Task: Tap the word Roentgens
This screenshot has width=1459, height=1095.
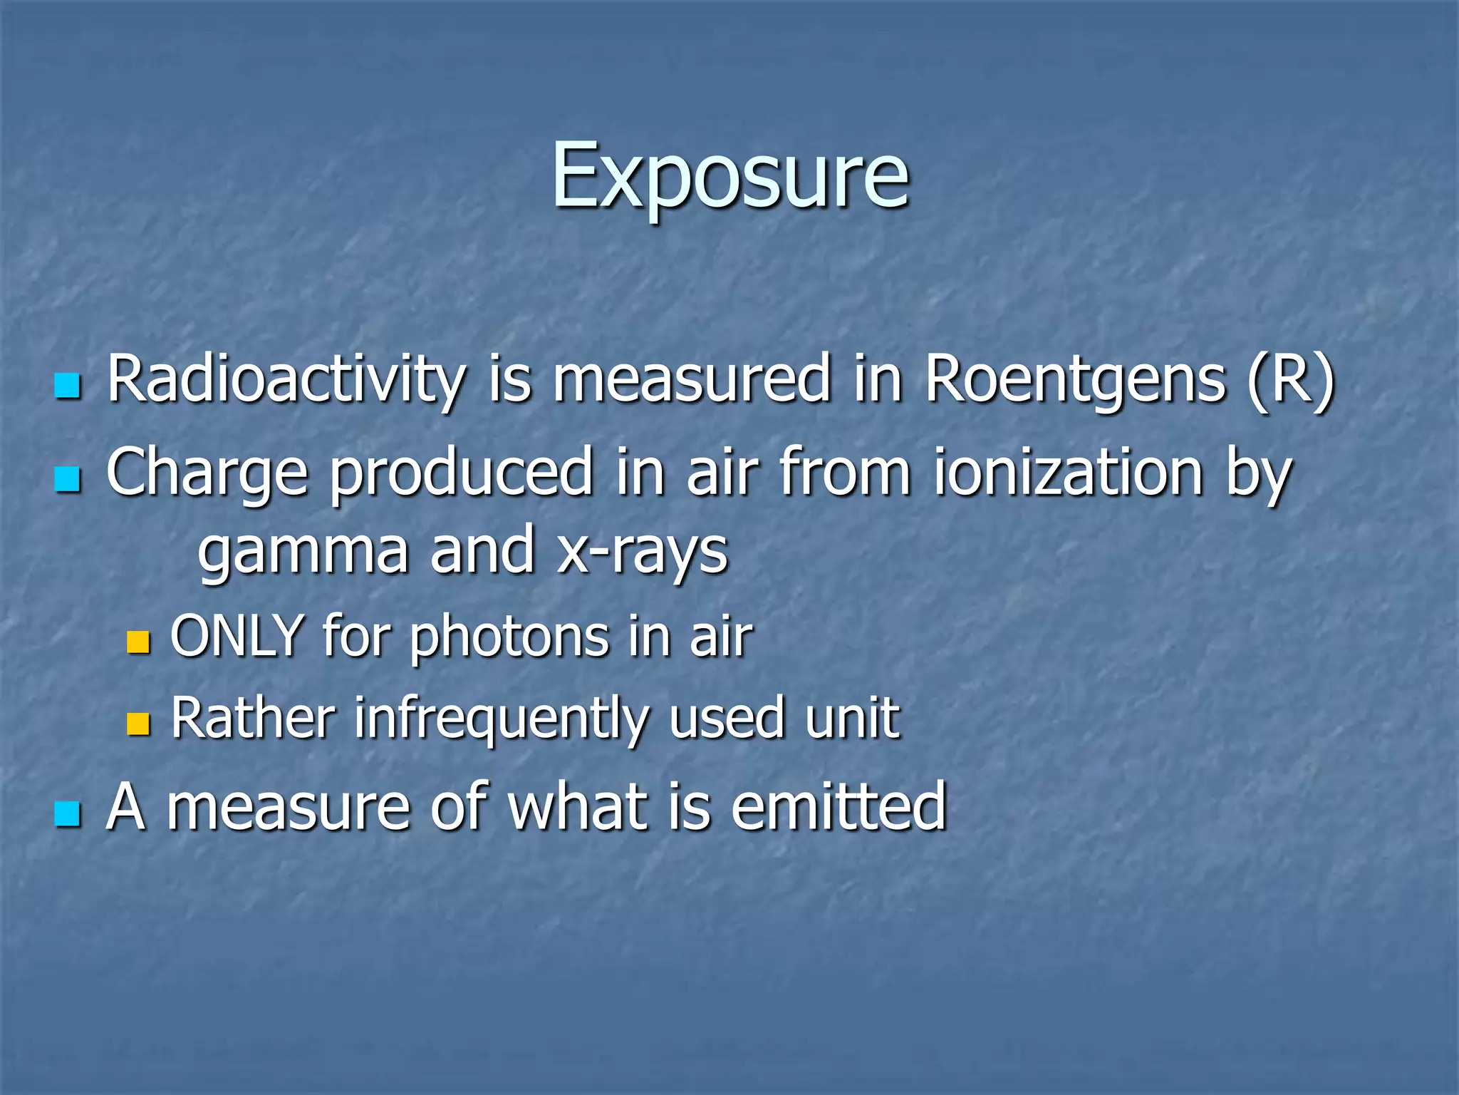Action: pos(1075,380)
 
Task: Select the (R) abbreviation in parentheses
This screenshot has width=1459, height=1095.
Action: pos(1290,380)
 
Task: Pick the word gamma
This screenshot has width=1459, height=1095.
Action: pos(303,552)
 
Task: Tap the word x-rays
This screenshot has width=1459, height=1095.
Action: pos(643,552)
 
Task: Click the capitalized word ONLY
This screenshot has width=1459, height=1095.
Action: pos(237,636)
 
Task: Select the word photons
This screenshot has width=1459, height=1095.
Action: pos(509,637)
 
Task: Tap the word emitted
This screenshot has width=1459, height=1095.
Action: pos(838,807)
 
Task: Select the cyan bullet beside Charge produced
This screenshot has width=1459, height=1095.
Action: pos(68,479)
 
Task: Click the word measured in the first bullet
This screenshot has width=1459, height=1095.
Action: pos(692,380)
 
